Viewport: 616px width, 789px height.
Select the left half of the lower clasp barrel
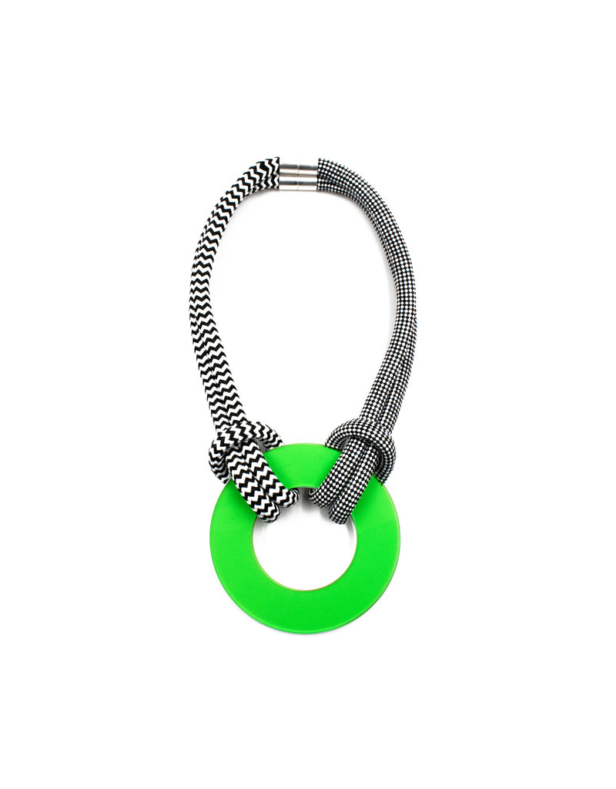click(289, 183)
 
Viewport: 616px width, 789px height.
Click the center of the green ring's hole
click(306, 537)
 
